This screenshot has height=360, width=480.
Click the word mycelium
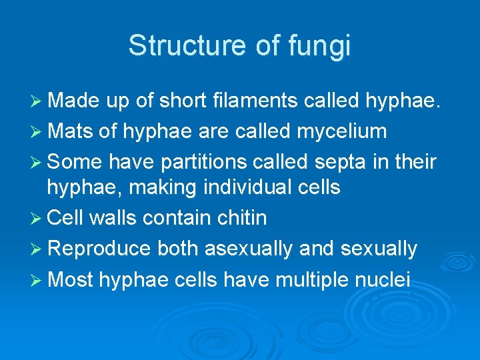coord(339,131)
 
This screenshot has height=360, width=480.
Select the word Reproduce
coord(99,249)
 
